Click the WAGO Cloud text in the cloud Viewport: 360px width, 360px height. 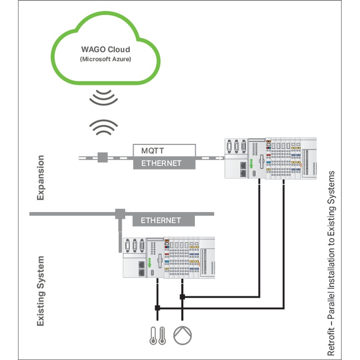coord(105,49)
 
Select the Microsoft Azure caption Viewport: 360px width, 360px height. coord(105,59)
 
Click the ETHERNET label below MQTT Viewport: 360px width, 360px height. coord(164,163)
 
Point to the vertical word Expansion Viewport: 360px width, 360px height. coord(40,177)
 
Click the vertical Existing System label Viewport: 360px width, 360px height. coord(40,291)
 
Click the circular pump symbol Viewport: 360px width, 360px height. coord(183,335)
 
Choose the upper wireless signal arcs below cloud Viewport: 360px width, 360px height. coord(103,97)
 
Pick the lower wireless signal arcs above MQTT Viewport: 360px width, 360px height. coord(103,126)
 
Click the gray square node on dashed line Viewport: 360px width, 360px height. coord(103,157)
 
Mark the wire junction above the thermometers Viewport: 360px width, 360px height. coord(157,308)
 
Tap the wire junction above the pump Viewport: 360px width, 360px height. coord(182,297)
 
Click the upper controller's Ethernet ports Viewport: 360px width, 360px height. coord(243,169)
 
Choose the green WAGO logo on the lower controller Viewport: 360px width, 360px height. coord(149,260)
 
